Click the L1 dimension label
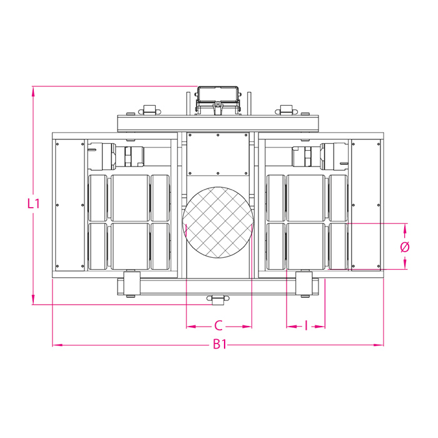click(34, 203)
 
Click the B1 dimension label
click(220, 344)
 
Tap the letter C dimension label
click(218, 326)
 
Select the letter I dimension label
click(306, 326)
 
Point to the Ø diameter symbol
click(405, 247)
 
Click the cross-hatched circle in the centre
click(218, 222)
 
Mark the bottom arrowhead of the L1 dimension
click(33, 300)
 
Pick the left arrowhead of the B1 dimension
click(58, 345)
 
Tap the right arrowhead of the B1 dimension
click(379, 345)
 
